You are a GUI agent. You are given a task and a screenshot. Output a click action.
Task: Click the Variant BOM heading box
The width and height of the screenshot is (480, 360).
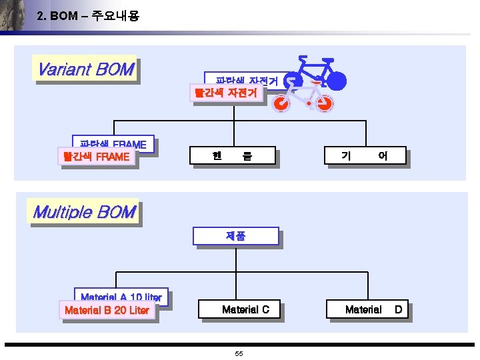tap(85, 69)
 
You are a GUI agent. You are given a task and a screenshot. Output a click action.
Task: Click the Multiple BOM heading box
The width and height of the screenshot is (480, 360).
tap(84, 213)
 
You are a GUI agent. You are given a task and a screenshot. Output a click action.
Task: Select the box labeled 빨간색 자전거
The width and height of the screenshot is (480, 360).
tap(225, 93)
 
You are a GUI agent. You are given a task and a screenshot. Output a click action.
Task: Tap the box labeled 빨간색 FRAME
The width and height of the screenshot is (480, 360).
tap(96, 157)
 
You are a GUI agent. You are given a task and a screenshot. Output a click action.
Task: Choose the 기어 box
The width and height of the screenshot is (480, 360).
tap(364, 157)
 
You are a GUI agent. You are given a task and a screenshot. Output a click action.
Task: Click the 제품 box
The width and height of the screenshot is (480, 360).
tap(235, 237)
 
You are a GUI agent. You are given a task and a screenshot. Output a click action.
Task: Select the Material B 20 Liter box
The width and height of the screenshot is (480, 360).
tap(107, 310)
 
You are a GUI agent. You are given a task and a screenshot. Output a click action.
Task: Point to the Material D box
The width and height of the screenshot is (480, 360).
tap(367, 309)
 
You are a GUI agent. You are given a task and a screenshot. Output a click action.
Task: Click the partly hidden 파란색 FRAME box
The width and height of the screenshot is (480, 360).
tap(113, 143)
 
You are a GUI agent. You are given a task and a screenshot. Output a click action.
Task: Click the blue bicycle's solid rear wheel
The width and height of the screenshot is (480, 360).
tap(337, 81)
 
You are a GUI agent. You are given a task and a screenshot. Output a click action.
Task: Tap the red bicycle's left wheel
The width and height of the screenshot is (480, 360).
tap(282, 104)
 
